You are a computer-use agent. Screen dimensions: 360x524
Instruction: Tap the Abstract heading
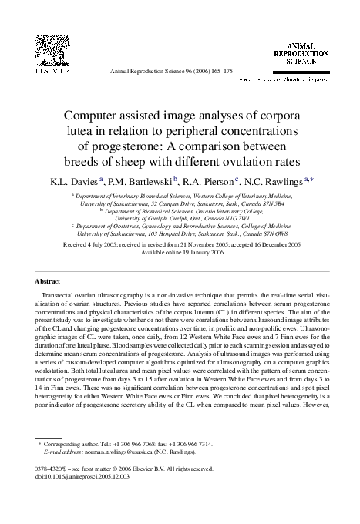tap(49, 282)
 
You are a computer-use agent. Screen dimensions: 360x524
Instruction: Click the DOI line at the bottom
tap(74, 477)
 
